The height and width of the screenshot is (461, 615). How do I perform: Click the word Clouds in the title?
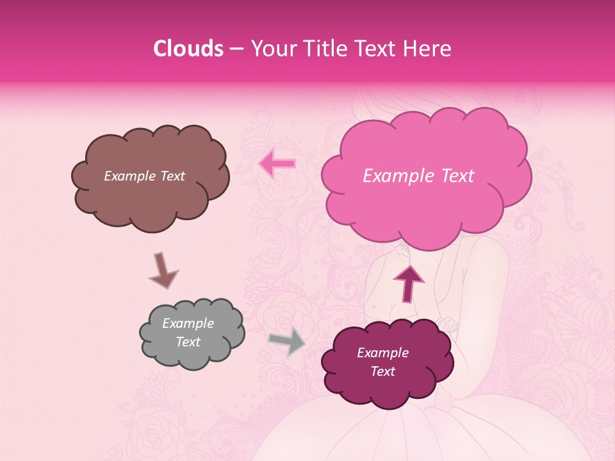(188, 49)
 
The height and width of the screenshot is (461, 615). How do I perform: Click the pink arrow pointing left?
(277, 163)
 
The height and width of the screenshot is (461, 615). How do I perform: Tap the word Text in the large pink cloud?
(454, 176)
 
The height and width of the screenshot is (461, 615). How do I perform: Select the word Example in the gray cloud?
(188, 323)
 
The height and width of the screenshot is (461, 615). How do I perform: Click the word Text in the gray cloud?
(188, 342)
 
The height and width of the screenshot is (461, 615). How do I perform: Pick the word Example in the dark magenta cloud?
(382, 353)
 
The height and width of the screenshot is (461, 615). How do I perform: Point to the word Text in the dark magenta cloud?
(382, 371)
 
